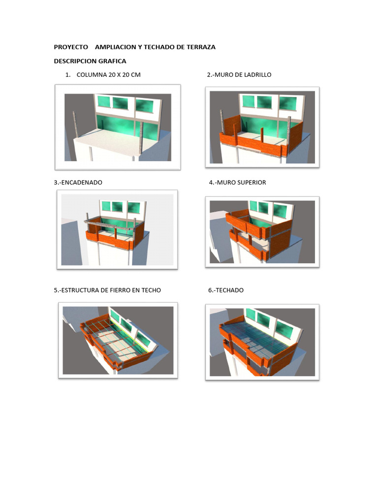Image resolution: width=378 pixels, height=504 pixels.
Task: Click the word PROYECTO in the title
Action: tap(71, 47)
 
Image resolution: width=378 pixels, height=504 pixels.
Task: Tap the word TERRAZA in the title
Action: tap(200, 47)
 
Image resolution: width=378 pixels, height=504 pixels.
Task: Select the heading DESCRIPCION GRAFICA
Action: tap(90, 61)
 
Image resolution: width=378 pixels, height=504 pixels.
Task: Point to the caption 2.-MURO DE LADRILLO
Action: tap(239, 75)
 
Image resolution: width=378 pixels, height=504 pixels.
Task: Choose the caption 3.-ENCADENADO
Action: tap(78, 182)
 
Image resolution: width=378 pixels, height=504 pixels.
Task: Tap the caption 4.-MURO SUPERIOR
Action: tap(237, 182)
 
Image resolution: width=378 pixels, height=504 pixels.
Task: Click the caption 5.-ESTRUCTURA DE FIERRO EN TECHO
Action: tap(107, 290)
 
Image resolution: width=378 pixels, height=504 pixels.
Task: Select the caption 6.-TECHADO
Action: tap(226, 290)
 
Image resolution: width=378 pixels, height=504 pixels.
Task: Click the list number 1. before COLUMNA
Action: tap(67, 75)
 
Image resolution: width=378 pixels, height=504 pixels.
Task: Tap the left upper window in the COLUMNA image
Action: tap(104, 102)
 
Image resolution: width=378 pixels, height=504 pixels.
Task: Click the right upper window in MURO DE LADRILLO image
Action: tap(287, 103)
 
